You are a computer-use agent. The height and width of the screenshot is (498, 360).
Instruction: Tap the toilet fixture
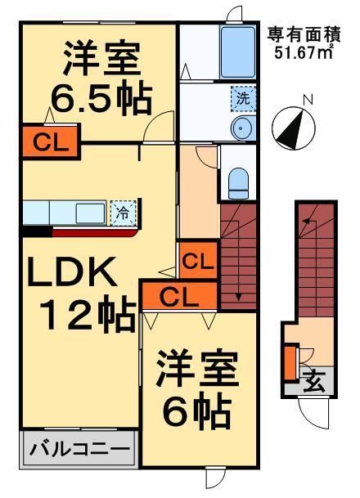click(239, 181)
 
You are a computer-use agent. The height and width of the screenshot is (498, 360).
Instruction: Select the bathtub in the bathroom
click(236, 52)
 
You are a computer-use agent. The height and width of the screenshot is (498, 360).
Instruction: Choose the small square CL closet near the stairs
click(197, 263)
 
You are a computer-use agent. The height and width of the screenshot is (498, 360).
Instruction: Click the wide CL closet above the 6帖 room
click(179, 297)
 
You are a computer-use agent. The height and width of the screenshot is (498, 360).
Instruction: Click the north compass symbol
click(293, 123)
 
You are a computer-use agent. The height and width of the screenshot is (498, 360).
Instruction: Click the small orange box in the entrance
click(289, 361)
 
